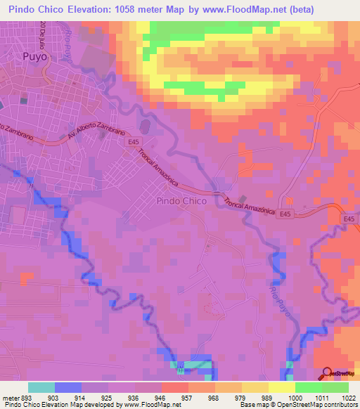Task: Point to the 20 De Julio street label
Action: point(43,35)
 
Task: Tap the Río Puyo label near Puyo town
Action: point(69,45)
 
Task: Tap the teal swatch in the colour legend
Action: point(41,387)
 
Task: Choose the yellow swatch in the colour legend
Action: point(281,387)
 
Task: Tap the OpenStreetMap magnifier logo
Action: point(328,373)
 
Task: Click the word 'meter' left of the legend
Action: point(11,397)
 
